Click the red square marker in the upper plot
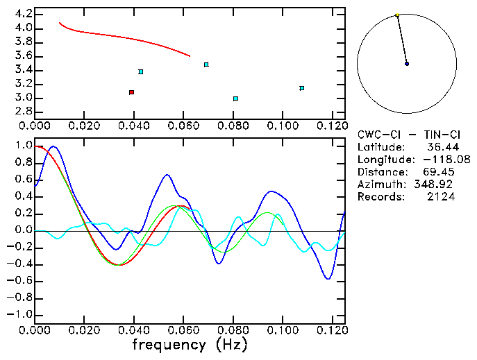tap(131, 92)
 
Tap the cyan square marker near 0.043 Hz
tap(141, 71)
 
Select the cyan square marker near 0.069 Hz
tap(206, 65)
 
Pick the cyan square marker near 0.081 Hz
tap(236, 98)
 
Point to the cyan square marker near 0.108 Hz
tap(301, 88)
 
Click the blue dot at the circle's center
tap(407, 64)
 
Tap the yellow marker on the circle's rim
tap(397, 15)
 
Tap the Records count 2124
tap(440, 197)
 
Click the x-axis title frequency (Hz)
tap(190, 344)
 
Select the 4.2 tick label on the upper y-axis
tap(22, 14)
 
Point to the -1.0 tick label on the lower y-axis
tap(18, 315)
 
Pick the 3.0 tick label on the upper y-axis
tap(22, 98)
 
